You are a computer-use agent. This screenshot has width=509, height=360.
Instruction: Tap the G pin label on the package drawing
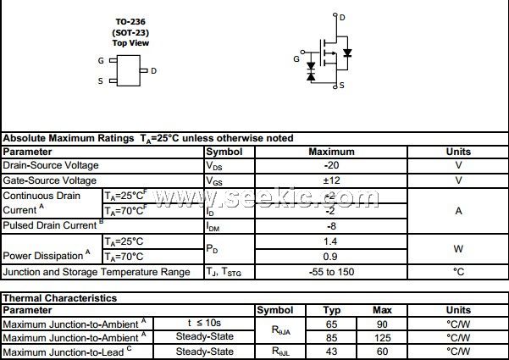(101, 61)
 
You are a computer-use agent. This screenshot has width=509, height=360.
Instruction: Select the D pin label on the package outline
(153, 71)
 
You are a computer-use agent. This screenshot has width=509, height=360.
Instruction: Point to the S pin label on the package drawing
(101, 81)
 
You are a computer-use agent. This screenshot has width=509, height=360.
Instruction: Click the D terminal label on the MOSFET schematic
(341, 16)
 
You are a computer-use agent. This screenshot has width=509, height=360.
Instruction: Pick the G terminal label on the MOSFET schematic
(296, 58)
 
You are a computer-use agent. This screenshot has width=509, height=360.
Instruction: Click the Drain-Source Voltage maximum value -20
(331, 165)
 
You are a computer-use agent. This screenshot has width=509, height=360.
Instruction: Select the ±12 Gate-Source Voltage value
(331, 180)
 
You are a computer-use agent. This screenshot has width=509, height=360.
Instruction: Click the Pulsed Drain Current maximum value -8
(331, 226)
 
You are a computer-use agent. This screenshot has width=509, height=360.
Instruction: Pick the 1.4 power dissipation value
(331, 241)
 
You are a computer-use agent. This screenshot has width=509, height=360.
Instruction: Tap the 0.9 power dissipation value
(331, 257)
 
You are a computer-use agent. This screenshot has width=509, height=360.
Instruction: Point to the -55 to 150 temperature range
(331, 272)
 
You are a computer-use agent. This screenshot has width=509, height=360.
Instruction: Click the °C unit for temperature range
(458, 272)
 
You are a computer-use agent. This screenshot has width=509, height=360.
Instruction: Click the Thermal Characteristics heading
(59, 298)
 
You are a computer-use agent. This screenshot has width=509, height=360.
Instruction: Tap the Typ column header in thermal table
(332, 311)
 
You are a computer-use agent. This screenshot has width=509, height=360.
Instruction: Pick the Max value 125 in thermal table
(382, 337)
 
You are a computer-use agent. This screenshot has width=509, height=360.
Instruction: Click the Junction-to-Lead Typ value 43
(332, 351)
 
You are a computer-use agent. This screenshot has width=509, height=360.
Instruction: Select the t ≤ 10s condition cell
(203, 324)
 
